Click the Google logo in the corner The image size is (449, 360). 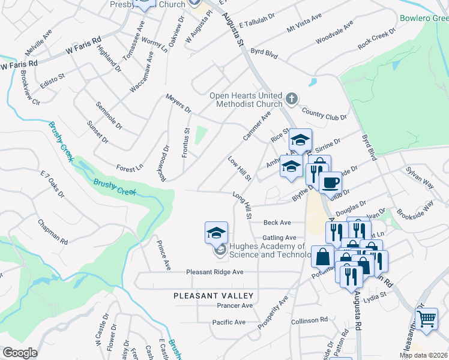[x=20, y=353]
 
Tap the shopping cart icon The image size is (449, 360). [x=427, y=318]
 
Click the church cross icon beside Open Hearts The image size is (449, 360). [x=291, y=98]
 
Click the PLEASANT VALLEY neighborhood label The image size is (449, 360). [x=214, y=296]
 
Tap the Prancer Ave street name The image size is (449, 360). [x=235, y=305]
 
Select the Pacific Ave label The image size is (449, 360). [x=229, y=322]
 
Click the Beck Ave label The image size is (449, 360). [x=277, y=222]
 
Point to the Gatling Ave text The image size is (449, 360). [x=279, y=238]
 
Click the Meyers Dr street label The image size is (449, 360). [x=178, y=103]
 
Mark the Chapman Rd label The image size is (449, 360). [x=53, y=232]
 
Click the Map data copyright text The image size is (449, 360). [x=424, y=355]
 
